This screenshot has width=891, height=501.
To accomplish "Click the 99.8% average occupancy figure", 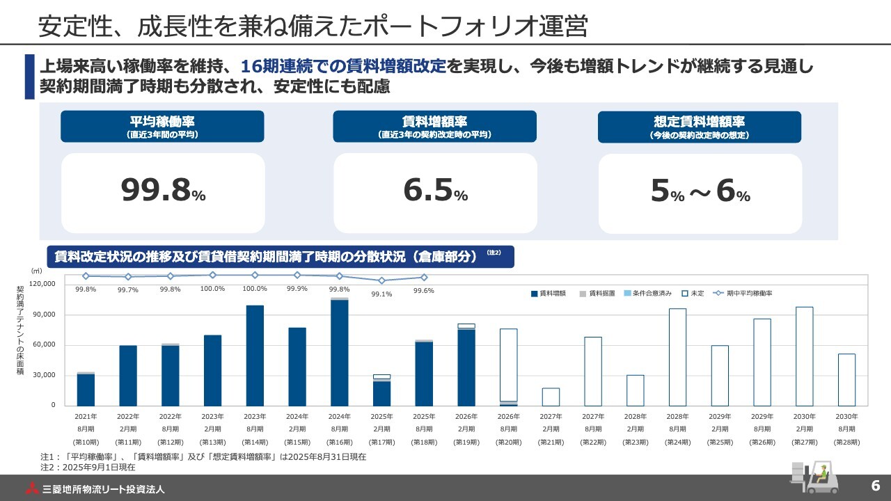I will click(x=163, y=191).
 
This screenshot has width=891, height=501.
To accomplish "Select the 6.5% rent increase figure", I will click(x=435, y=191).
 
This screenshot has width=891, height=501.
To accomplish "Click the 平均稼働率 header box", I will click(x=163, y=127).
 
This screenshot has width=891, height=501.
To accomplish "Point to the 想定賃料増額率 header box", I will click(x=700, y=127).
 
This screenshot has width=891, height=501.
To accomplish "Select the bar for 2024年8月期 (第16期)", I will click(x=340, y=352).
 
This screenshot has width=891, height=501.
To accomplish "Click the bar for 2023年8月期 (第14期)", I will click(x=255, y=356).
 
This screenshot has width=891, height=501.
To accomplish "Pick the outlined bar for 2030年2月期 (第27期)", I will click(x=804, y=356).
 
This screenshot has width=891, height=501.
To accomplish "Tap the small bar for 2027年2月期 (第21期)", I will click(x=551, y=397).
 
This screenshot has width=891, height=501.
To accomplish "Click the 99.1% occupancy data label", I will click(x=381, y=294).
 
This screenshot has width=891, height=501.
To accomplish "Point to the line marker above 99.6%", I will click(x=424, y=278).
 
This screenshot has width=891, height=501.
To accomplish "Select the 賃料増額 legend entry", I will click(x=549, y=294).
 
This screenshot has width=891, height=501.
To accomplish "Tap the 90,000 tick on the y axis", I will click(x=45, y=315).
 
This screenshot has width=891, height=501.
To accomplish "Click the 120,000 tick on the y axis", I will click(x=43, y=284).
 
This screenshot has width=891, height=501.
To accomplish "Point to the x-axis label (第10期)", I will click(x=86, y=442).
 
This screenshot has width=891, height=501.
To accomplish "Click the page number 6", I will click(x=875, y=486).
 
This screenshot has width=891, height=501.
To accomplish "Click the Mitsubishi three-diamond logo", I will click(x=32, y=488).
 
